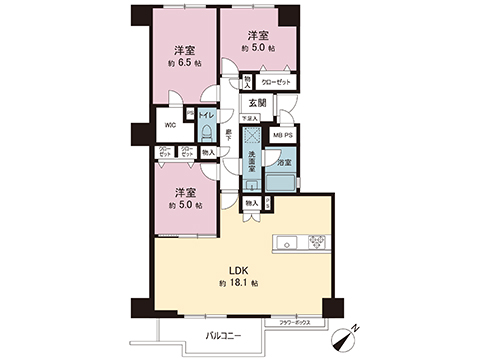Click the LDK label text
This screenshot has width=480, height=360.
(237, 268)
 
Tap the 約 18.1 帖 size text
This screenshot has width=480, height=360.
(237, 284)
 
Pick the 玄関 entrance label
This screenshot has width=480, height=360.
(257, 102)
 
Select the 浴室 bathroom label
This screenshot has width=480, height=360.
(283, 163)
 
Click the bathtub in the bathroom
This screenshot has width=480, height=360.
(283, 176)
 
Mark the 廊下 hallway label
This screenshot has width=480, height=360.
(228, 134)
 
